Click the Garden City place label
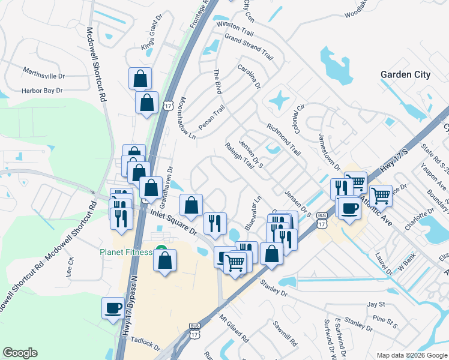click(x=405, y=74)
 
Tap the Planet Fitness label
click(x=127, y=251)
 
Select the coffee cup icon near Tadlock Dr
click(x=113, y=308)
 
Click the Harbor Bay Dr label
click(x=42, y=91)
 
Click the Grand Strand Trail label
click(x=249, y=47)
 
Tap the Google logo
click(x=20, y=353)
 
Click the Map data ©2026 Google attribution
click(x=411, y=355)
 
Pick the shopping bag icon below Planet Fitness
click(x=164, y=260)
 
